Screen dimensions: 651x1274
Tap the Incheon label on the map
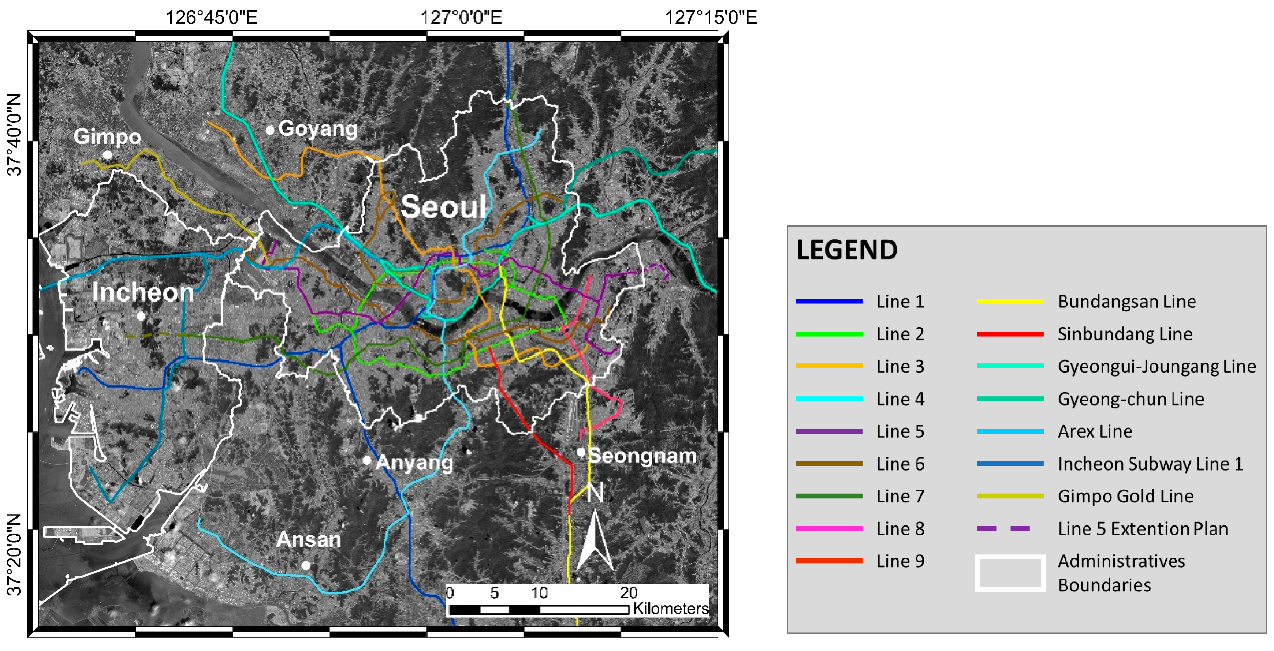[x=142, y=292]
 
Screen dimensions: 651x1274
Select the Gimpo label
[x=107, y=136]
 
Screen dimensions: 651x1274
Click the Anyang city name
[x=414, y=463]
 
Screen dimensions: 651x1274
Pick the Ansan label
[x=308, y=540]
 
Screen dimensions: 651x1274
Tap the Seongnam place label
[x=642, y=456]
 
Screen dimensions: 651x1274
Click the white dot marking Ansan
[x=306, y=565]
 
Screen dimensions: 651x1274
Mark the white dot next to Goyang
[x=269, y=130]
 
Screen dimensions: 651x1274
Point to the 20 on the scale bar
[x=629, y=593]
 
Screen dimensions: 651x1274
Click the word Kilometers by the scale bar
[x=671, y=609]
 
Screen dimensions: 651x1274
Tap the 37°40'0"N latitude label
[x=15, y=134]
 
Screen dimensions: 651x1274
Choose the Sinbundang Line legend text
[x=1125, y=334]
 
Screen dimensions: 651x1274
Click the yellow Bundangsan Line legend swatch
[x=1010, y=301]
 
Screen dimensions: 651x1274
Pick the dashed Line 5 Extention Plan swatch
[x=1004, y=528]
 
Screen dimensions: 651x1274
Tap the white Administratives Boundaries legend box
[x=1010, y=573]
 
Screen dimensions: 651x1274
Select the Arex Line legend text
[x=1095, y=431]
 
